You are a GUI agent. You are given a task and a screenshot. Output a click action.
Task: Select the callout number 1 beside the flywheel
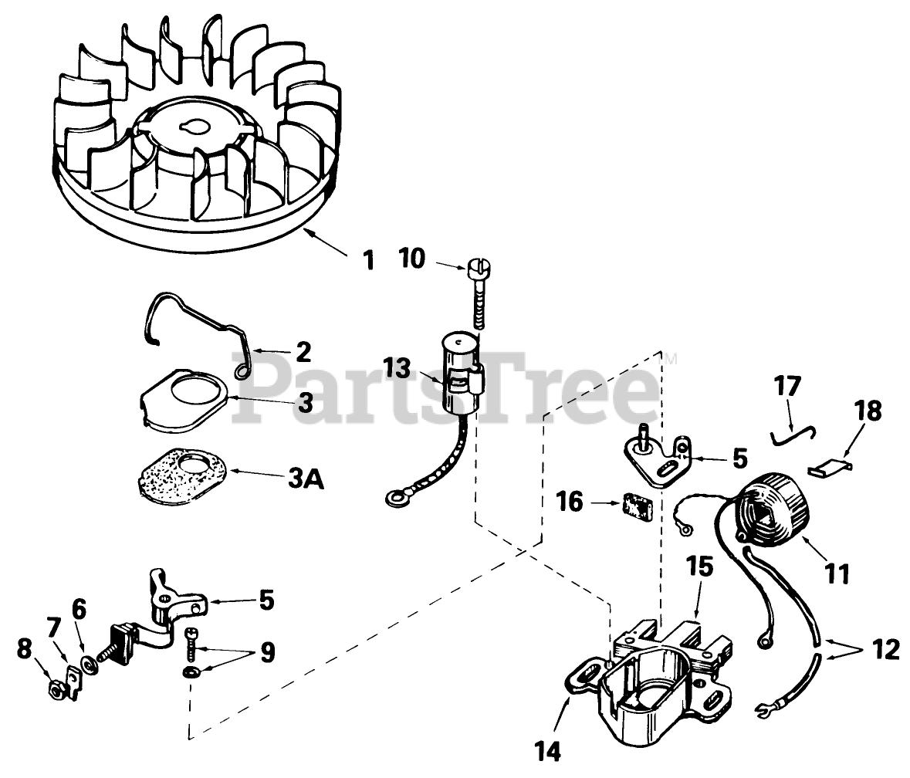(x=369, y=261)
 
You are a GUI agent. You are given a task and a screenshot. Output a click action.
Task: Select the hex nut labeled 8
(x=56, y=685)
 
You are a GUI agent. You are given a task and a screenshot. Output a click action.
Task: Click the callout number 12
(x=887, y=651)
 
